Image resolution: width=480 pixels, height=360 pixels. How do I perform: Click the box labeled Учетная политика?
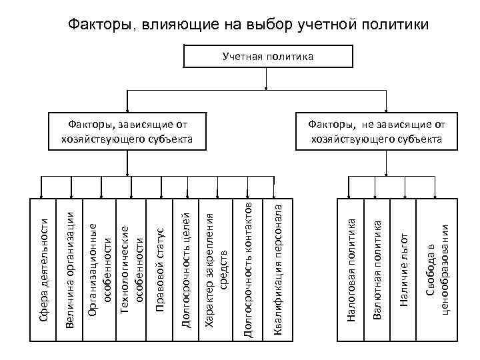point(267,57)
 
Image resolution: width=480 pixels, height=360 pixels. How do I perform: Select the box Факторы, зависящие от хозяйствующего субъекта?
point(126,132)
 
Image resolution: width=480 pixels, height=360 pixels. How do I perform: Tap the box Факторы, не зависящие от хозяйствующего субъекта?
point(376,132)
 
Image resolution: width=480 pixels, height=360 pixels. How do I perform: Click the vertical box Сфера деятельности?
point(43,267)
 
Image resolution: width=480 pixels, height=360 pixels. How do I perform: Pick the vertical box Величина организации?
point(71,267)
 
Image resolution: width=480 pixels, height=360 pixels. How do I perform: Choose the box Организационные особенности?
point(98,267)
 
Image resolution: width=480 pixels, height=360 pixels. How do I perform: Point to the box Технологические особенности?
point(131,267)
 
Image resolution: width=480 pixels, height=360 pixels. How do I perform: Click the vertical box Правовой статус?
point(159,267)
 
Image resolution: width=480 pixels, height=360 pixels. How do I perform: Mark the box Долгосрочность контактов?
point(247,267)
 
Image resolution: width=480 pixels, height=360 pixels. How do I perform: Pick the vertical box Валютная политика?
point(377,267)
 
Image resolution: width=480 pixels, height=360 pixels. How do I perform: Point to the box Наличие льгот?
point(403,267)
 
